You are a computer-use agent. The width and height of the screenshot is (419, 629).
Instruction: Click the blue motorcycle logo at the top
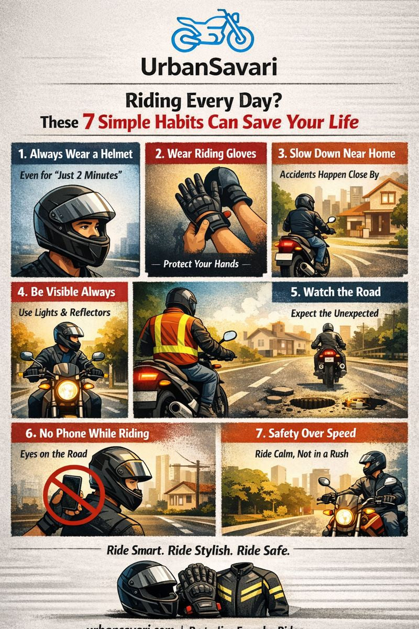pyautogui.click(x=213, y=31)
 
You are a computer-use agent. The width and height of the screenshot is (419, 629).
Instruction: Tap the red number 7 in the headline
pyautogui.click(x=87, y=122)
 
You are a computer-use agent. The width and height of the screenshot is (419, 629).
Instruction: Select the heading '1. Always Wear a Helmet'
pyautogui.click(x=75, y=154)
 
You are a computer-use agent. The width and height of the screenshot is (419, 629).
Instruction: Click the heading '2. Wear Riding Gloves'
pyautogui.click(x=206, y=154)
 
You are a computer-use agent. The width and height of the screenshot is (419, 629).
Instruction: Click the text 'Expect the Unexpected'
pyautogui.click(x=335, y=313)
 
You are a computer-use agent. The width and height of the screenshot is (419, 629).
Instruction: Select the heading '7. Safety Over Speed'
pyautogui.click(x=312, y=433)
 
